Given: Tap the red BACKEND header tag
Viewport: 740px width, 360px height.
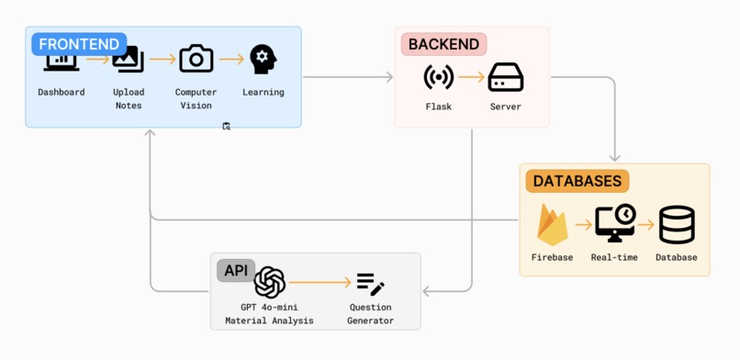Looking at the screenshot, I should pyautogui.click(x=443, y=44).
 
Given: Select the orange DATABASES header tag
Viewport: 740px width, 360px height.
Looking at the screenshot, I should pyautogui.click(x=577, y=181).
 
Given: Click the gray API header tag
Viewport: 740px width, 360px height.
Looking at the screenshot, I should pyautogui.click(x=236, y=270).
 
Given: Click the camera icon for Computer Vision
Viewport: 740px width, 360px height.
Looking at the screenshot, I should pyautogui.click(x=196, y=59).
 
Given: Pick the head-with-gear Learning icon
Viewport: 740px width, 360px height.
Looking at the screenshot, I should pyautogui.click(x=263, y=59).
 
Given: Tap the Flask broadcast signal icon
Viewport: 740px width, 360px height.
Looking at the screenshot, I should pyautogui.click(x=438, y=78).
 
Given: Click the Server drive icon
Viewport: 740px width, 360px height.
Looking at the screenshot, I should pyautogui.click(x=505, y=78).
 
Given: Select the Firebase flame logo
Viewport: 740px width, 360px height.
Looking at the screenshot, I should pyautogui.click(x=552, y=224).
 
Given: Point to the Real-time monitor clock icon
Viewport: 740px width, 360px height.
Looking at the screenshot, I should pyautogui.click(x=614, y=223).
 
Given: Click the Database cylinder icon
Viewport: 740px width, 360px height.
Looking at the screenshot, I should pyautogui.click(x=677, y=225).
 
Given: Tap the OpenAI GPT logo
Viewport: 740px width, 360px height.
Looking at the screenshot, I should pyautogui.click(x=270, y=283).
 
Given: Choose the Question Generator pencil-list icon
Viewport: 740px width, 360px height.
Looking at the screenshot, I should pyautogui.click(x=370, y=284).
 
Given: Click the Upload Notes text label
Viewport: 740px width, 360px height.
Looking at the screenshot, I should pyautogui.click(x=129, y=98).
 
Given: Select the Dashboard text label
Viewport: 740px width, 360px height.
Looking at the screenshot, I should pyautogui.click(x=62, y=92).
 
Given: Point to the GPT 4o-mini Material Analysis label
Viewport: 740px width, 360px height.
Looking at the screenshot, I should pyautogui.click(x=269, y=314).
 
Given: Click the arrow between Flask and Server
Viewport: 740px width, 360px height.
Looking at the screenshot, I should pyautogui.click(x=471, y=78).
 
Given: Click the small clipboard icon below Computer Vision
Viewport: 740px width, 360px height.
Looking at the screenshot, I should pyautogui.click(x=227, y=127).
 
